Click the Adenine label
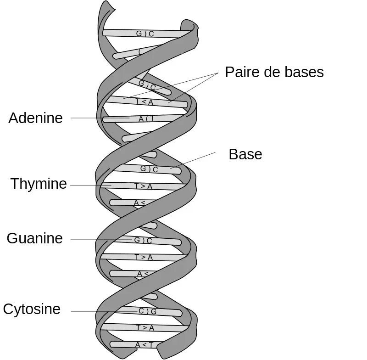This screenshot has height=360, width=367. click(35, 118)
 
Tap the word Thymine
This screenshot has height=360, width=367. click(39, 184)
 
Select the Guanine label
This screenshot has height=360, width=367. click(34, 238)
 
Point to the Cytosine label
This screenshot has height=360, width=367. click(32, 309)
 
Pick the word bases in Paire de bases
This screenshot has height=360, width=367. click(304, 72)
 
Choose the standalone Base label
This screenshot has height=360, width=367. click(245, 154)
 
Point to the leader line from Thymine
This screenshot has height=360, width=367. click(89, 185)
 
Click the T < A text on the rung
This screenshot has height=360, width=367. click(145, 102)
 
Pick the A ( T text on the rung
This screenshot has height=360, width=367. click(147, 118)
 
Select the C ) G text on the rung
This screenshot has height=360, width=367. click(148, 311)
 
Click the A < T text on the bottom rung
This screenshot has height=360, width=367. click(144, 344)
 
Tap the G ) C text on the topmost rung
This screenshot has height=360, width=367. click(145, 34)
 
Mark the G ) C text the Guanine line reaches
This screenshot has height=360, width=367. click(143, 240)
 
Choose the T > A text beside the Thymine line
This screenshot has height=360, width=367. click(143, 186)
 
